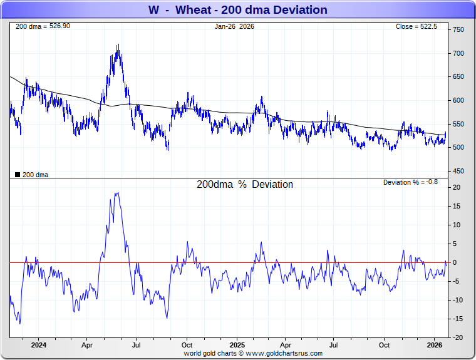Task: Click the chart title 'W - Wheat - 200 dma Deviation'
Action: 237,9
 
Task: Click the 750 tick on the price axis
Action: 458,30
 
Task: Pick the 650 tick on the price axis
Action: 458,77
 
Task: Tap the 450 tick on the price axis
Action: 458,172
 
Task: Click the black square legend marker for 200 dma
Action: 18,175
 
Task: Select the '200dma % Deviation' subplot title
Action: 244,185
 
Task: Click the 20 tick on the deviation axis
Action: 457,187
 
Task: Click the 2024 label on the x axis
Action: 38,345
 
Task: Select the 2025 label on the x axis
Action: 237,345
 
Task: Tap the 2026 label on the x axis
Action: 434,345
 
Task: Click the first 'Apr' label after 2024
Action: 88,345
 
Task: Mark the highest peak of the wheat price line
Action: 117,44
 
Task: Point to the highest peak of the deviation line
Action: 116,193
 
